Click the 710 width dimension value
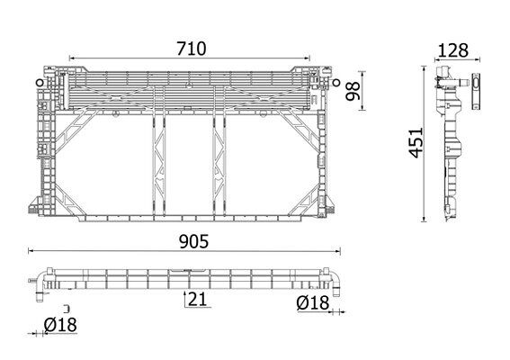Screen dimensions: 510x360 point(192,49)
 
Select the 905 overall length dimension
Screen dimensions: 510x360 point(194,242)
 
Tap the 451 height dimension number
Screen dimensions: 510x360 point(416,143)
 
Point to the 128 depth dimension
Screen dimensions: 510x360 point(453,50)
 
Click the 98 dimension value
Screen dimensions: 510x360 point(353,91)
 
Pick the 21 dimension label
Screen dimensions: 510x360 point(197,299)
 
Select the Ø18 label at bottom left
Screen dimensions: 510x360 point(60,325)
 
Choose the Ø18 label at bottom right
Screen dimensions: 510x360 point(313,303)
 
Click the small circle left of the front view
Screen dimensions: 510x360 point(40,83)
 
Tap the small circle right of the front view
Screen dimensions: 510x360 point(336,83)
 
